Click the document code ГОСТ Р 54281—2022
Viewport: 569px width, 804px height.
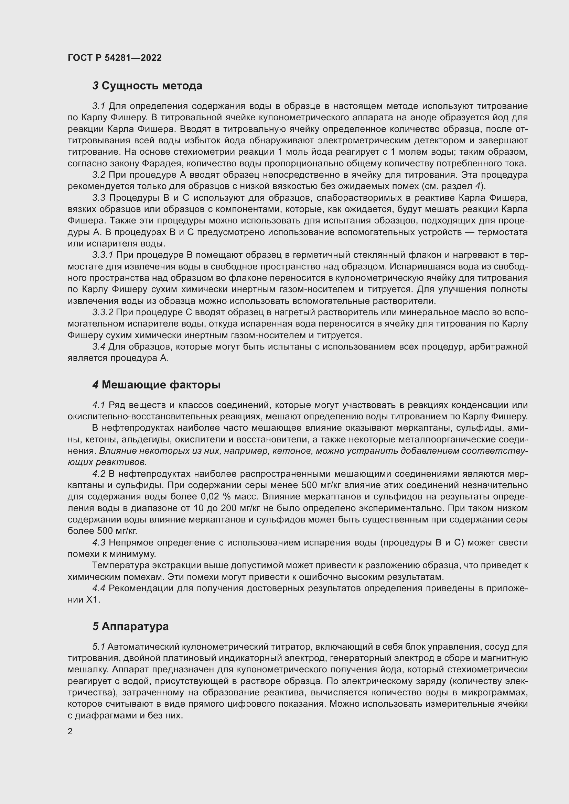pyautogui.click(x=115, y=58)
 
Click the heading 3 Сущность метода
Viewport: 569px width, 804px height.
pyautogui.click(x=147, y=86)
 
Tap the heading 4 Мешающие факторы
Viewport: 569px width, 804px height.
pyautogui.click(x=156, y=385)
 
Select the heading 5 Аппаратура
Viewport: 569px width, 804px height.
pyautogui.click(x=130, y=627)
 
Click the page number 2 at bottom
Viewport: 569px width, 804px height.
pyautogui.click(x=70, y=731)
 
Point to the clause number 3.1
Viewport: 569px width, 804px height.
pyautogui.click(x=99, y=106)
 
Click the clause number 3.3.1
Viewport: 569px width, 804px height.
pyautogui.click(x=103, y=255)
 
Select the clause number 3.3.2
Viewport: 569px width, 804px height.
pyautogui.click(x=103, y=312)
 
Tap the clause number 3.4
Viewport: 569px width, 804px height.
pyautogui.click(x=99, y=347)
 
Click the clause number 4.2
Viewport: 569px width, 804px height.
pyautogui.click(x=99, y=474)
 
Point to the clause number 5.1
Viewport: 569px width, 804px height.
pyautogui.click(x=99, y=647)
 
